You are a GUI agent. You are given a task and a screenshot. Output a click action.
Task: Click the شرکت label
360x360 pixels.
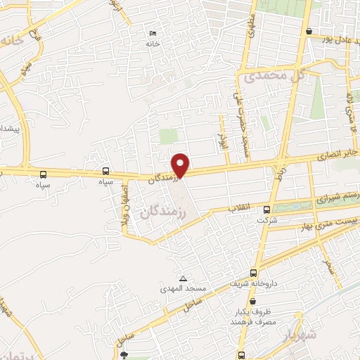[x=267, y=219]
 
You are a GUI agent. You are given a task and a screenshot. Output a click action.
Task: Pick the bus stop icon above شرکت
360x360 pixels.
[x=266, y=209]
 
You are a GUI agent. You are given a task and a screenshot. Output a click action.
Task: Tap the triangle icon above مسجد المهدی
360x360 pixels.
[x=182, y=278]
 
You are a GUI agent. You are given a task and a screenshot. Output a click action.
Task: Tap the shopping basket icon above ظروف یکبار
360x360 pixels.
[x=252, y=300]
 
